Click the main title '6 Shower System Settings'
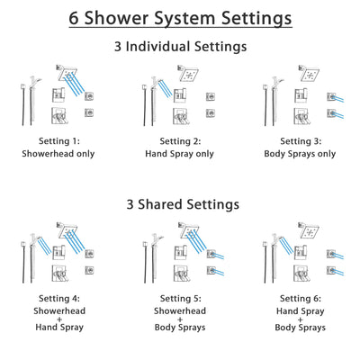pos(180,18)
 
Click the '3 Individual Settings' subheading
pos(180,47)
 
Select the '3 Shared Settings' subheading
pos(180,204)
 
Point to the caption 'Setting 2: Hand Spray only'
pos(180,148)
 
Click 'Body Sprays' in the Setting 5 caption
pos(180,328)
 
